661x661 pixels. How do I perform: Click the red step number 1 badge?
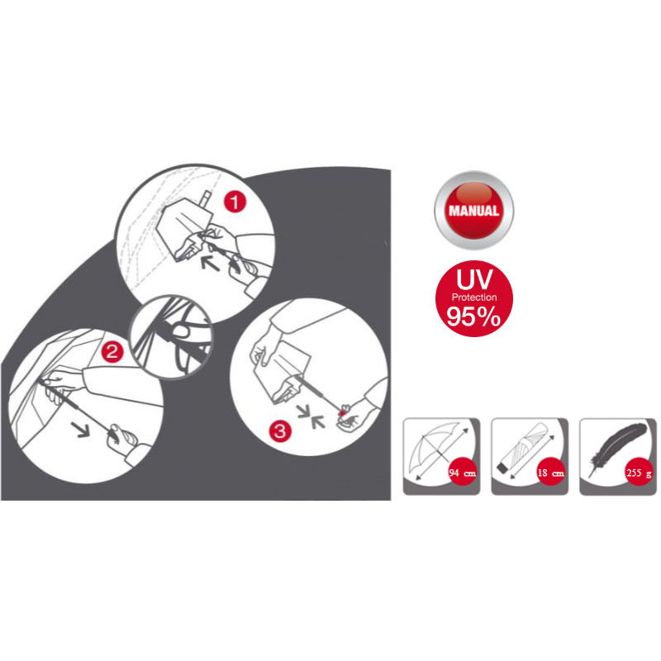(235, 202)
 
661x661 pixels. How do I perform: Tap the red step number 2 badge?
(112, 352)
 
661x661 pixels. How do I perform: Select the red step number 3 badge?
(280, 430)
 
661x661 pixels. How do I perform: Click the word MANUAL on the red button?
(473, 211)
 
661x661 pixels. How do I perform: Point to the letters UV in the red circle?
(474, 279)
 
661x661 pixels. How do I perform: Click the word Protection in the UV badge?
(474, 297)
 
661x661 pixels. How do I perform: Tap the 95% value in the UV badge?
(473, 316)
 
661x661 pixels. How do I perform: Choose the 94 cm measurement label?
(463, 473)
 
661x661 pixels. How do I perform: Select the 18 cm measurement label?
(550, 473)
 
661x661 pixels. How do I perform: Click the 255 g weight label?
(639, 473)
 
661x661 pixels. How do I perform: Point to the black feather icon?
(617, 448)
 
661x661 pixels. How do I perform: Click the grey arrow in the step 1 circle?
(210, 263)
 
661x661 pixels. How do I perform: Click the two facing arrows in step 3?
(311, 416)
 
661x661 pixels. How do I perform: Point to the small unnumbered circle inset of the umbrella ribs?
(172, 337)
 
